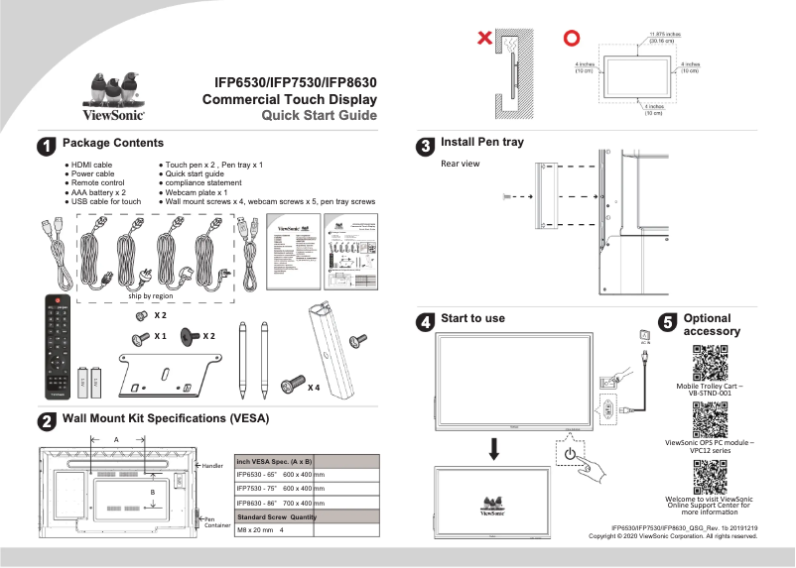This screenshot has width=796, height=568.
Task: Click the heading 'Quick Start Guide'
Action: tap(319, 116)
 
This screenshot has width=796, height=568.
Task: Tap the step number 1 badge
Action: tap(46, 146)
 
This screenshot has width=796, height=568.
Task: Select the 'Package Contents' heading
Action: tap(112, 144)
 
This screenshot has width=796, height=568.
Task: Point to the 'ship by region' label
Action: tap(151, 296)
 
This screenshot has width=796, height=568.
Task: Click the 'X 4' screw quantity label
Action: tap(314, 387)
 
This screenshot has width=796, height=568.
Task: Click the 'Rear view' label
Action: tap(460, 164)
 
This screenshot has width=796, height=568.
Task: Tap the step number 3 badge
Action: tap(425, 146)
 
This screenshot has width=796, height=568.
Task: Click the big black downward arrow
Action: tap(493, 447)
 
